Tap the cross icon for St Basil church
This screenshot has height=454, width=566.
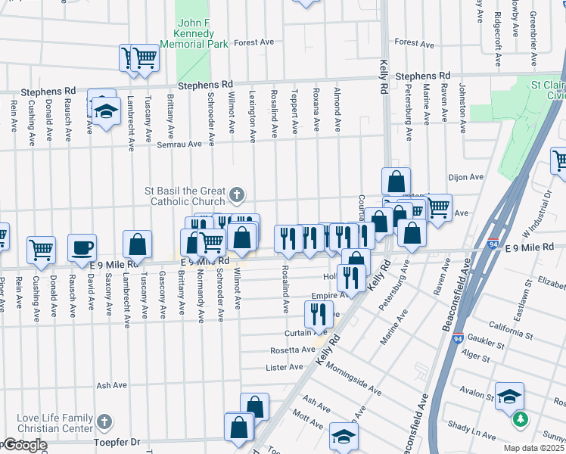click(237, 195)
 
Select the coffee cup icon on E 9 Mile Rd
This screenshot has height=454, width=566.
click(82, 247)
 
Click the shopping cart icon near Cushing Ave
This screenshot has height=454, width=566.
click(42, 249)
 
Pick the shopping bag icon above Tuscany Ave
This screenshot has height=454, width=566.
click(137, 244)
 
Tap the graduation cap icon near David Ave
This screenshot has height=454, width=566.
click(107, 111)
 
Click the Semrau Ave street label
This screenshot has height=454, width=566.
click(185, 143)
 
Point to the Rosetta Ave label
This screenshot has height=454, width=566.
click(293, 350)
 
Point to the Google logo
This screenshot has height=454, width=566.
click(24, 446)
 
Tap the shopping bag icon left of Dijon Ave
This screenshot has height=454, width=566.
click(396, 182)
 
